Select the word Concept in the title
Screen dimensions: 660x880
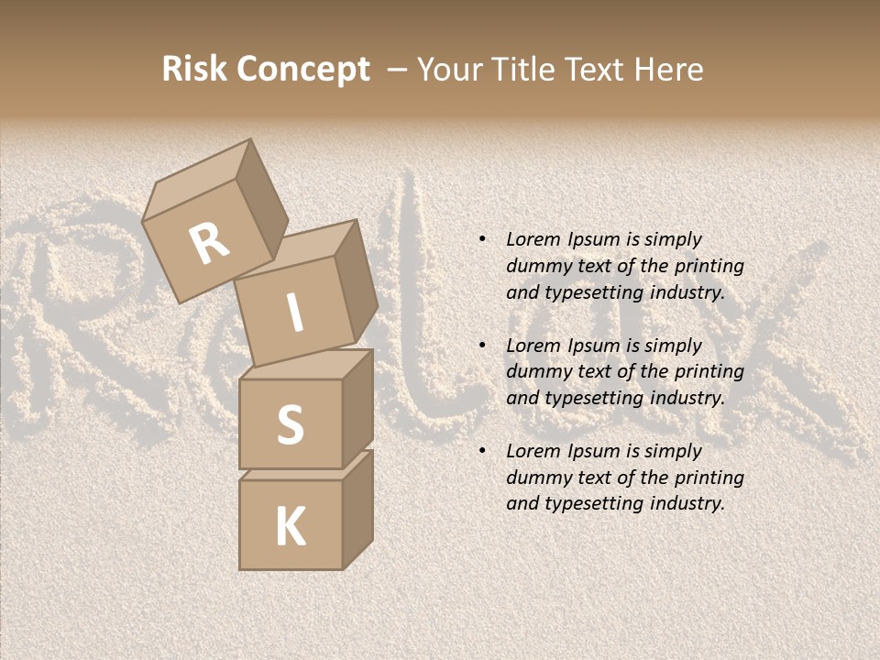[x=303, y=71]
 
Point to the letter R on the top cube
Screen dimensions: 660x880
[x=209, y=245]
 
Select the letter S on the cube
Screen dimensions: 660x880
[x=290, y=424]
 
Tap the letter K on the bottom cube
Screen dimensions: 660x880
[x=290, y=527]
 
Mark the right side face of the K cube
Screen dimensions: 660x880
[x=357, y=508]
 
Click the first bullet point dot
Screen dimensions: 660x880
[x=481, y=239]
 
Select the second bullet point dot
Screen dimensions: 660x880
[x=481, y=346]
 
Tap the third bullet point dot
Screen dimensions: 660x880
[x=481, y=451]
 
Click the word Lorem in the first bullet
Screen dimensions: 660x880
[x=533, y=239]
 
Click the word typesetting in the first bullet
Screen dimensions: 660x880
[x=591, y=293]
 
